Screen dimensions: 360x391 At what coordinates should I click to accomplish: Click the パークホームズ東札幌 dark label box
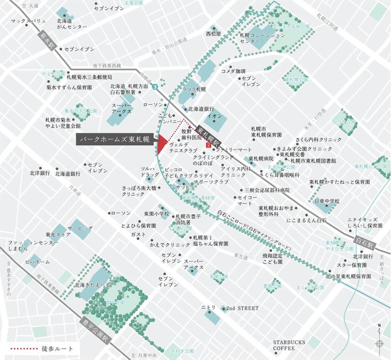tap(114, 139)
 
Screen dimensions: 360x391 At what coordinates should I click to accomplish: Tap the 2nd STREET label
tap(243, 308)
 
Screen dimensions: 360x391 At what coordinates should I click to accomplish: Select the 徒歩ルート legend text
tap(58, 349)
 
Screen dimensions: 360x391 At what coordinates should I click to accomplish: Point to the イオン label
tap(216, 116)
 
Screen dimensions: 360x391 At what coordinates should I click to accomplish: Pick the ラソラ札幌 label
tap(194, 89)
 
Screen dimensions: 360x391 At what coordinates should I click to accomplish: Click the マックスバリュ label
tap(27, 21)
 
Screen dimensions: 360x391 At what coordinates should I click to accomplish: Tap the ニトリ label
tap(208, 308)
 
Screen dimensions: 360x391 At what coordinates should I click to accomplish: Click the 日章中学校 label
tap(327, 201)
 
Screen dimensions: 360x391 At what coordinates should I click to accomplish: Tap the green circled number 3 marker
tap(155, 87)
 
